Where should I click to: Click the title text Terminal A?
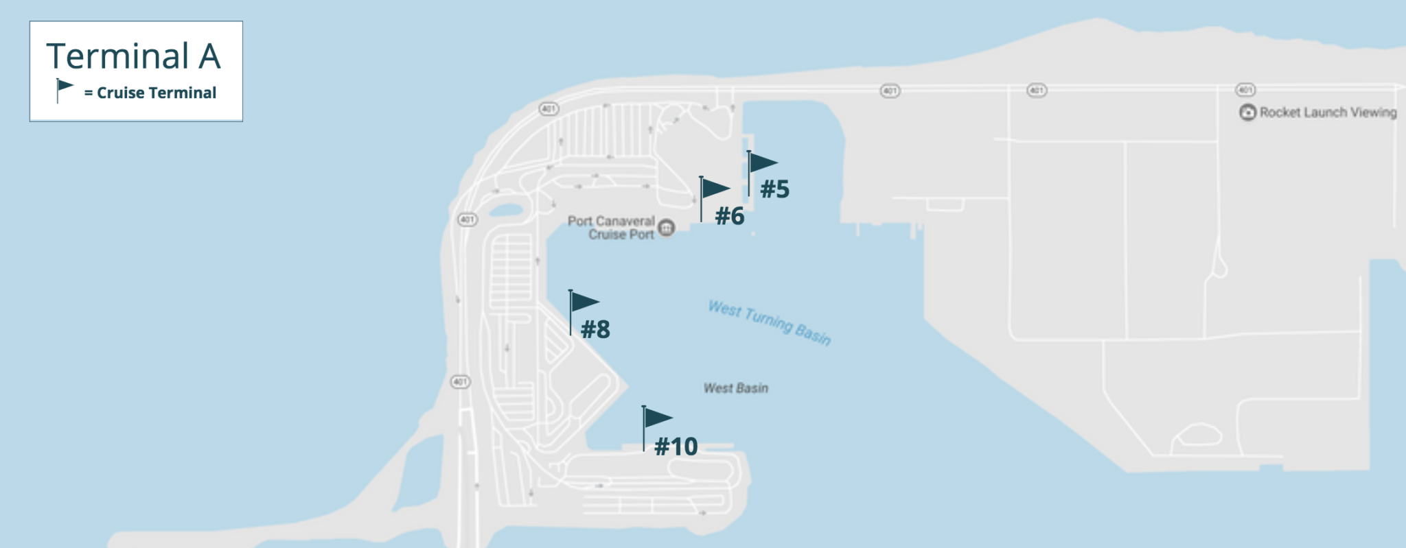coord(133,56)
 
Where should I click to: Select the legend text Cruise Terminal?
coord(156,93)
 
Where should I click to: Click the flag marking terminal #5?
coord(761,163)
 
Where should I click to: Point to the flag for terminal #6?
coord(714,189)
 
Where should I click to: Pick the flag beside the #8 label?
coord(584,302)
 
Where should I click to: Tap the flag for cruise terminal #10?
coord(657,418)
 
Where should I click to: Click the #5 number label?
coord(774,189)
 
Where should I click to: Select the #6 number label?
coord(730,216)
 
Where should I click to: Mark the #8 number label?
coord(595,330)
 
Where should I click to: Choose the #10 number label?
coord(676,447)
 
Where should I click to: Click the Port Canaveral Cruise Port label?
coord(612,228)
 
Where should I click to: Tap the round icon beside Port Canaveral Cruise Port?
coord(666,228)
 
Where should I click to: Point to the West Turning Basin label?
coord(770,322)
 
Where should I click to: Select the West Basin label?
coord(735,388)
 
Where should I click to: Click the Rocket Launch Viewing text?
coord(1328,112)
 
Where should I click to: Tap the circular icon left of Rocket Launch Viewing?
coord(1247,112)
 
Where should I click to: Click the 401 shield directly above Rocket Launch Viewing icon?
coord(1245,90)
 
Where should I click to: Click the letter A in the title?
coord(209,56)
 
